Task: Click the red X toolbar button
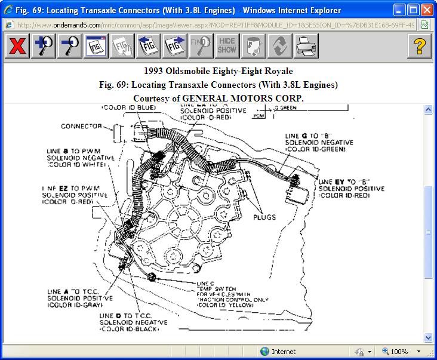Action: [x=18, y=46]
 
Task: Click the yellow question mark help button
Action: [x=420, y=46]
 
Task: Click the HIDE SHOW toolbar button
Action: [x=227, y=46]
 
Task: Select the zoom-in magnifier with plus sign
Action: [x=44, y=46]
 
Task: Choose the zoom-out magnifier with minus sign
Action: [x=70, y=46]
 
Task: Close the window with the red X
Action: [x=426, y=10]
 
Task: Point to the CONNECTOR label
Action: [x=81, y=127]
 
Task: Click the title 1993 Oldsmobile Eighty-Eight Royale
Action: [x=219, y=72]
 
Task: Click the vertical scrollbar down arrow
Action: [x=428, y=337]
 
